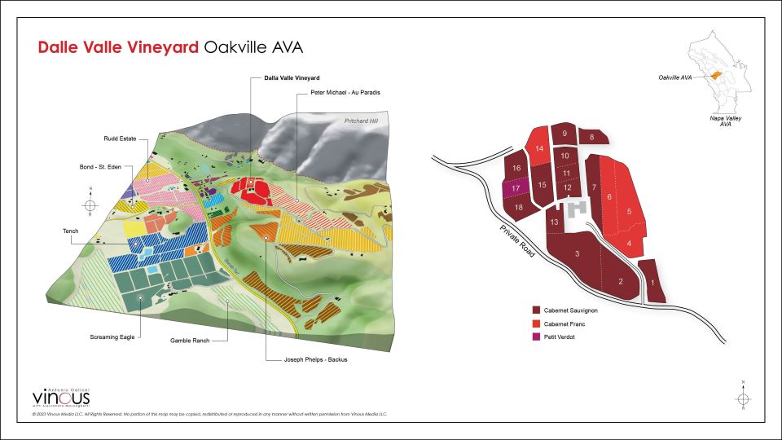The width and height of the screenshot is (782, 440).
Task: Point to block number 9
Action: coord(564,134)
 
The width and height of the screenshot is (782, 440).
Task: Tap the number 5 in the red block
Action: coord(629,212)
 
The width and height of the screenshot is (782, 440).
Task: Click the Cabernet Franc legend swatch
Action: coord(537,323)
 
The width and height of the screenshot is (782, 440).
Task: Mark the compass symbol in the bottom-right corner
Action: coord(742,398)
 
